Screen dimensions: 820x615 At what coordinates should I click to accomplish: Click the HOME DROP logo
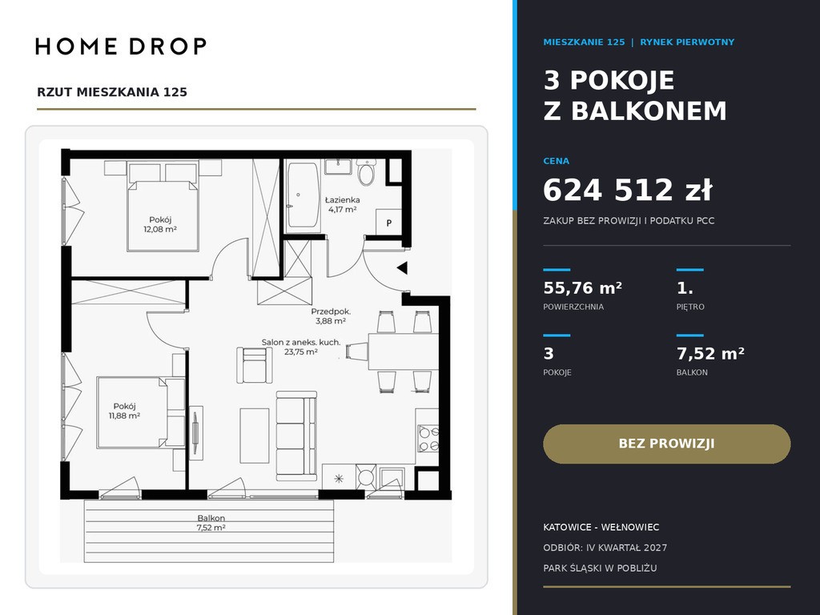tap(121, 46)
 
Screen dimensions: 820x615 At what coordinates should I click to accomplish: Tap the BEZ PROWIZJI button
tap(667, 444)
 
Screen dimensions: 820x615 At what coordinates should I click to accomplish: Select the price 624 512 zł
tap(628, 190)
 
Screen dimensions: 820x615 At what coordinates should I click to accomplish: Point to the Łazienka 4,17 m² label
tap(343, 204)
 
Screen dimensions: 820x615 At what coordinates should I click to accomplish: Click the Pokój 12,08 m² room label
tap(160, 224)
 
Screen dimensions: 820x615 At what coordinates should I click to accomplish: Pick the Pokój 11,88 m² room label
tap(124, 411)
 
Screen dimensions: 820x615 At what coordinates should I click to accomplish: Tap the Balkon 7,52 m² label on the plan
tap(211, 523)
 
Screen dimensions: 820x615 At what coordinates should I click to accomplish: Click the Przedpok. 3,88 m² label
tap(331, 316)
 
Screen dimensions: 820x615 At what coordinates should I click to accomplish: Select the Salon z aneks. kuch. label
tap(301, 343)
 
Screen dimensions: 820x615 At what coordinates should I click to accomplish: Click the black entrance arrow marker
tap(402, 268)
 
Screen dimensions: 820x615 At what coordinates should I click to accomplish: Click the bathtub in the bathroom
tap(303, 195)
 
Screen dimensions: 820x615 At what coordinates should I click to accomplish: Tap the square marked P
tap(389, 223)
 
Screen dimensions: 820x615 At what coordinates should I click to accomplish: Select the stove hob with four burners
tap(428, 438)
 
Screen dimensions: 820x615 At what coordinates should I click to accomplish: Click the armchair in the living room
tap(255, 365)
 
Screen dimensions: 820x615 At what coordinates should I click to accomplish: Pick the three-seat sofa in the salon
tap(296, 436)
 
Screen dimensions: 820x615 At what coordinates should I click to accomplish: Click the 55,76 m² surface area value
tap(583, 288)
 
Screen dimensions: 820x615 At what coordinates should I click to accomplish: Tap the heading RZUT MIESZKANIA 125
tap(112, 92)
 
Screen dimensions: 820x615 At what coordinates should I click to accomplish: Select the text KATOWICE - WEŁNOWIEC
tap(601, 527)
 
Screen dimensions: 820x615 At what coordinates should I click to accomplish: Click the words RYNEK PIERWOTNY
tap(687, 42)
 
